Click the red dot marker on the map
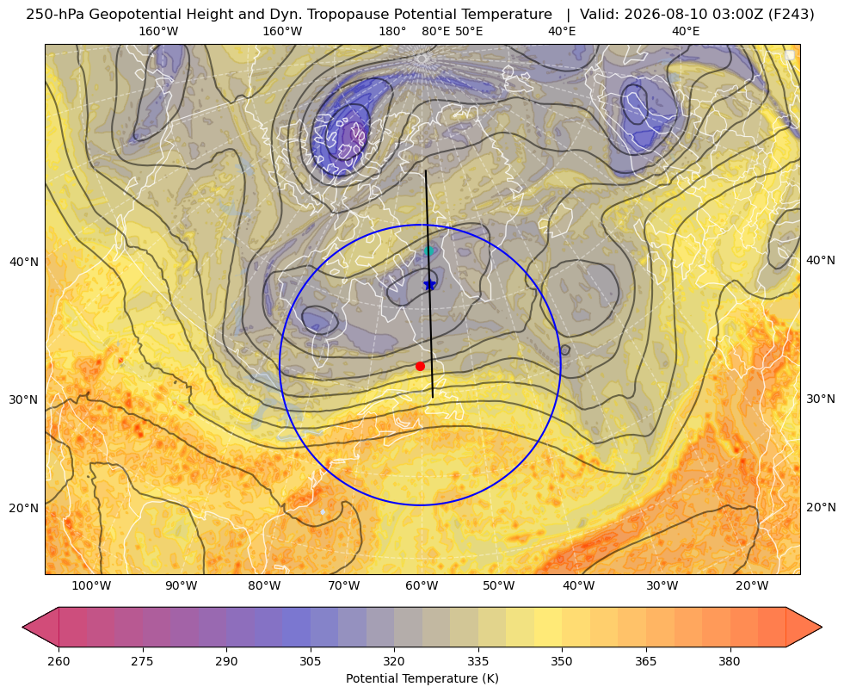tap(420, 366)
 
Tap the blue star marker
tap(429, 284)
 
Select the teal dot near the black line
tap(428, 251)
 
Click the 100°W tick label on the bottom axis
tap(91, 585)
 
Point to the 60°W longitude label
tap(422, 585)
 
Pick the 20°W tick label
tap(752, 585)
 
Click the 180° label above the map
tap(392, 31)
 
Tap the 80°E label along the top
tap(435, 31)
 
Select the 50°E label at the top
tap(469, 31)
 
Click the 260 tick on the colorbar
tap(59, 661)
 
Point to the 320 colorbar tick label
tap(394, 661)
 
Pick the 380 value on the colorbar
tap(730, 661)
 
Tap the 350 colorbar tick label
tap(562, 661)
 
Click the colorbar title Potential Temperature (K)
tap(422, 678)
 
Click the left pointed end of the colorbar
tap(22, 627)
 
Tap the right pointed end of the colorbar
tap(822, 627)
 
